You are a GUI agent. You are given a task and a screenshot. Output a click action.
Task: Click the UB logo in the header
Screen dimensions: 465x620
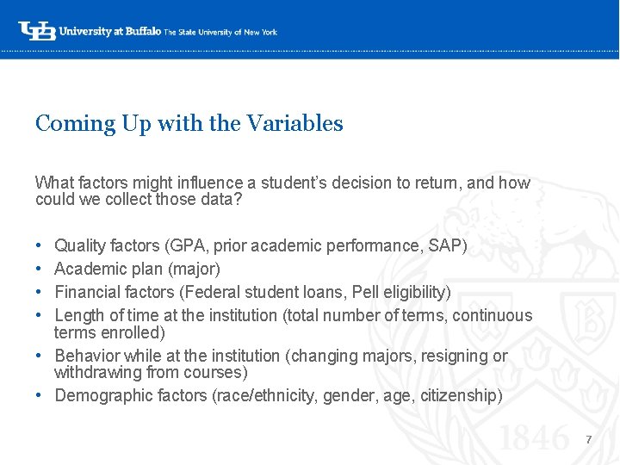37,30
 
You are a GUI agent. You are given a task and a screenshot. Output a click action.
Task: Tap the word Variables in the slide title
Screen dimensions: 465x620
294,124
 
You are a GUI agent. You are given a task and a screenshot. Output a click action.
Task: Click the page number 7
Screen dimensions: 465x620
588,440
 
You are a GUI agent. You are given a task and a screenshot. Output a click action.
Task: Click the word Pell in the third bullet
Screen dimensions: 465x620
368,293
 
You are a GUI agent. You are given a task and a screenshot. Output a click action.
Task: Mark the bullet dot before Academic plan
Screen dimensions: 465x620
40,270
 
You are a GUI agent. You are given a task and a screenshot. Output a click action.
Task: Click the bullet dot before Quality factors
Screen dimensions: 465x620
40,246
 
